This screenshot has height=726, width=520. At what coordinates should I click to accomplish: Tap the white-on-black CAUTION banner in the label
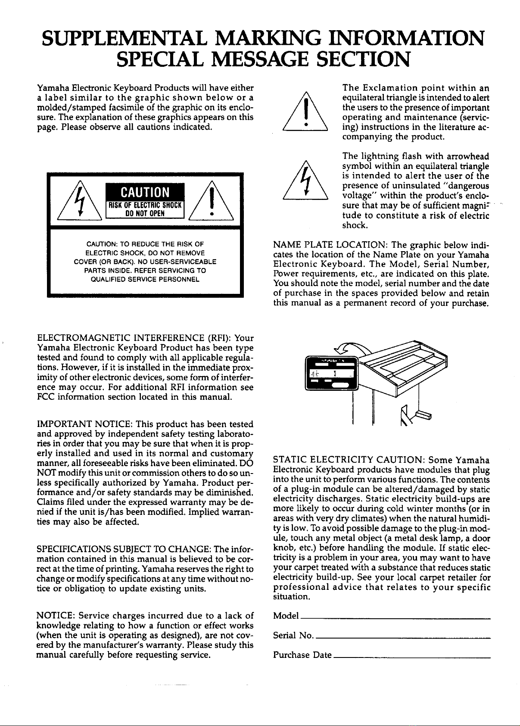pyautogui.click(x=146, y=192)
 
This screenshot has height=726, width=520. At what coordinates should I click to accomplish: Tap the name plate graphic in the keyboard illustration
pyautogui.click(x=331, y=373)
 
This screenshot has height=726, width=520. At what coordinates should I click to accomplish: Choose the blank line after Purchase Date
pyautogui.click(x=411, y=657)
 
